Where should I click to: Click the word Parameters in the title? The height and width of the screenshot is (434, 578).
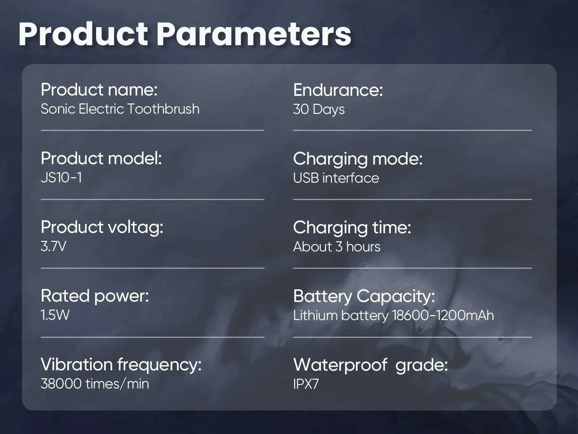point(254,35)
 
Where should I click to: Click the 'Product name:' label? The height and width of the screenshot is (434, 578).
point(99,90)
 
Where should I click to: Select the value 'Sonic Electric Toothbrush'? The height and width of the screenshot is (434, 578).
point(120,109)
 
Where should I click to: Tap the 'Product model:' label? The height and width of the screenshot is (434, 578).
point(102,159)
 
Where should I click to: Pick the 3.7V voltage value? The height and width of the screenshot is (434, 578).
point(53,246)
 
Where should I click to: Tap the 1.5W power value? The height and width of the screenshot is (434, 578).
point(55,315)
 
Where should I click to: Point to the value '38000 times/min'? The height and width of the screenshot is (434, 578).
point(95,384)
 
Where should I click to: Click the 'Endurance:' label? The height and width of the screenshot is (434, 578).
point(338,90)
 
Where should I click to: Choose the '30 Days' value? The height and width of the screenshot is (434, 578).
point(319,110)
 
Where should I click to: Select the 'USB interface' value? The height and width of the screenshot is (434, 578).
point(336,178)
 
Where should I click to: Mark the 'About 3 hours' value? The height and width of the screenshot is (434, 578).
point(337,247)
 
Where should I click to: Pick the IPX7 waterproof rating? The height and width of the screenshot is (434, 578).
point(306,384)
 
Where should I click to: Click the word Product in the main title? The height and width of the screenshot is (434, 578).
point(83,35)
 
